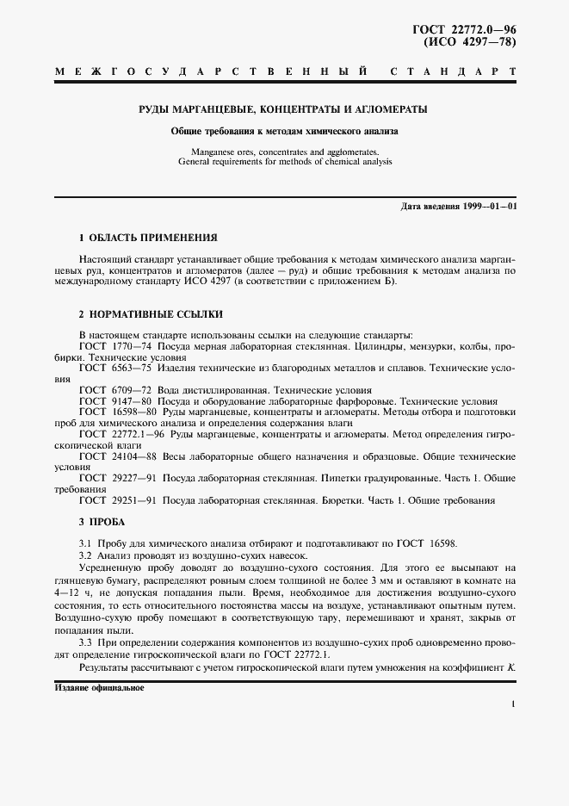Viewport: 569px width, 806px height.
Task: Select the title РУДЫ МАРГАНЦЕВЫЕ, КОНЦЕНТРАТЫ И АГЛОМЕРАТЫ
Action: point(284,110)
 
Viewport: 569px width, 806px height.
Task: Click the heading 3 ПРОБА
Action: point(102,522)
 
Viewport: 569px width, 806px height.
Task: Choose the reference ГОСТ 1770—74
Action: point(115,345)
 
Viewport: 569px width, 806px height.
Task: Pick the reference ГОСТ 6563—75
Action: point(115,368)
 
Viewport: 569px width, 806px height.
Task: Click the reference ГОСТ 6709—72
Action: point(115,390)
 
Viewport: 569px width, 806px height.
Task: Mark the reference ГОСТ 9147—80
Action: point(115,401)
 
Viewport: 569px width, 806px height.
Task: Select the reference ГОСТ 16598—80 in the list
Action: point(118,412)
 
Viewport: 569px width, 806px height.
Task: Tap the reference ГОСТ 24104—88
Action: point(118,456)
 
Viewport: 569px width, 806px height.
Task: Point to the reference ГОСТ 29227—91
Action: point(118,479)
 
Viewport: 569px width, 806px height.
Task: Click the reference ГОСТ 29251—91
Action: point(118,501)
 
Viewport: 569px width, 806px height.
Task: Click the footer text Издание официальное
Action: point(99,689)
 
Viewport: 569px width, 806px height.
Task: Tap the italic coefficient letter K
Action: point(511,668)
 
